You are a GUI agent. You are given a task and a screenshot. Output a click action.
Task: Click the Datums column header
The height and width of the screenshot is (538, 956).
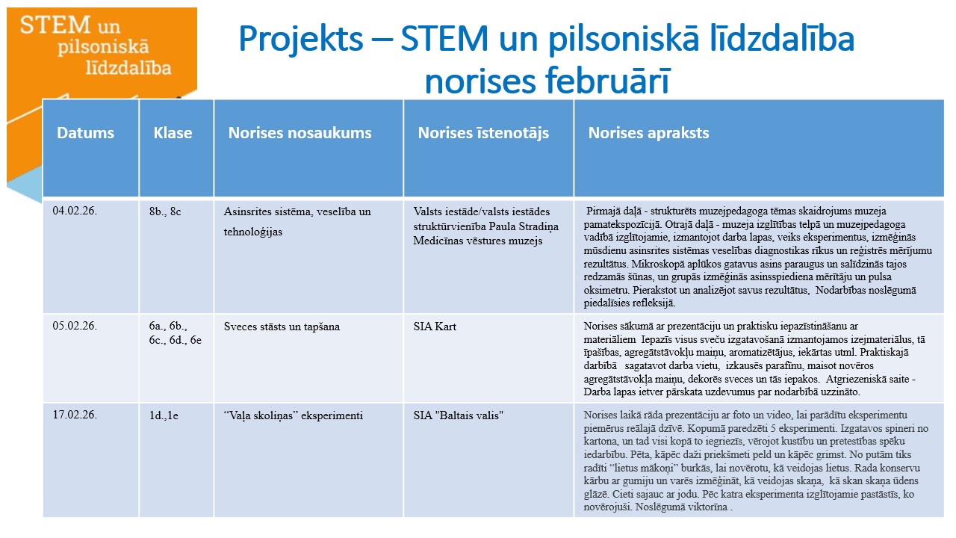(x=85, y=133)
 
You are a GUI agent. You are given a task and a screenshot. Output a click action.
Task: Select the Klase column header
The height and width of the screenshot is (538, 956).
(x=173, y=133)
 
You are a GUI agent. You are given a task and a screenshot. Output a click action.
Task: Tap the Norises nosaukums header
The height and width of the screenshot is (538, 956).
(x=299, y=133)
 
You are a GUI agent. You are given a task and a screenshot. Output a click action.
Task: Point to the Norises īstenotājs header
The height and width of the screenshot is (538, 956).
(x=483, y=133)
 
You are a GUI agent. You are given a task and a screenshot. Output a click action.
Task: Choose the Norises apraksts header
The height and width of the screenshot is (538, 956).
(x=648, y=133)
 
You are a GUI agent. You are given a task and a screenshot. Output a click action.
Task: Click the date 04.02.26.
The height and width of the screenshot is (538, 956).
(x=75, y=211)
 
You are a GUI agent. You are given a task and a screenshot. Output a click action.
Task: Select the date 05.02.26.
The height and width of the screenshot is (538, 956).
(x=75, y=326)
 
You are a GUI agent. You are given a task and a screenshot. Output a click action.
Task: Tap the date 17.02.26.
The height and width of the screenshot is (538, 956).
(x=75, y=415)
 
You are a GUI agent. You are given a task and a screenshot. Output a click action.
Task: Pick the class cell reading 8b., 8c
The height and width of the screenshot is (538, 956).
(x=165, y=211)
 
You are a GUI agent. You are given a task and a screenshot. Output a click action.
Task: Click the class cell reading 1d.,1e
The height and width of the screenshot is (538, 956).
(x=164, y=415)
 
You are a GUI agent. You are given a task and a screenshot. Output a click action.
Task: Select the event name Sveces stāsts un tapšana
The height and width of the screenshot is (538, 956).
(x=282, y=327)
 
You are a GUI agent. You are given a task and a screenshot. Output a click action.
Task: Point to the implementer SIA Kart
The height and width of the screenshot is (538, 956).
(x=435, y=327)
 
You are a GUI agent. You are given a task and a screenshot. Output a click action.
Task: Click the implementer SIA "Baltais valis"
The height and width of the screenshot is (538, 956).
(x=458, y=415)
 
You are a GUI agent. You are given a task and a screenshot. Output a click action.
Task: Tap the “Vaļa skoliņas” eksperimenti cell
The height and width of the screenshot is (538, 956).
(x=294, y=415)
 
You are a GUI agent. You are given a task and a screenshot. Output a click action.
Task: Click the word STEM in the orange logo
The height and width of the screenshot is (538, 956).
(x=55, y=25)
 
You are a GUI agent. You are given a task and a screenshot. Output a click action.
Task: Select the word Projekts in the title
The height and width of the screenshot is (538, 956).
(x=301, y=40)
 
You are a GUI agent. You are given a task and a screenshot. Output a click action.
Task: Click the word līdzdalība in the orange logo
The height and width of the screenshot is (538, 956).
(x=128, y=68)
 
